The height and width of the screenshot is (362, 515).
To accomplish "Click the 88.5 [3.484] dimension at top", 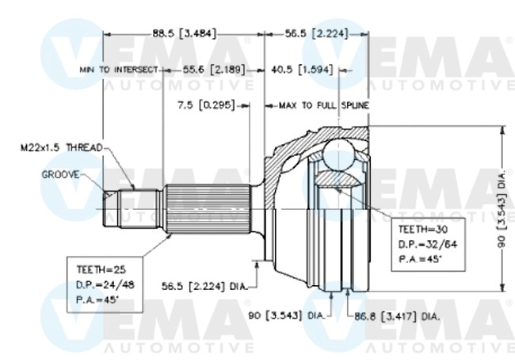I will pyautogui.click(x=184, y=34).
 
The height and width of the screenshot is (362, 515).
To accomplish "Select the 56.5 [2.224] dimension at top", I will pyautogui.click(x=316, y=34).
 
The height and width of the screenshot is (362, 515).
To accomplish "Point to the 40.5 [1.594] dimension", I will pyautogui.click(x=301, y=70).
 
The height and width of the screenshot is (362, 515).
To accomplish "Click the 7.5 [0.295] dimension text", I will pyautogui.click(x=206, y=105).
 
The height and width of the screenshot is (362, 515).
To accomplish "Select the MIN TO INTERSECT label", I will pyautogui.click(x=118, y=70).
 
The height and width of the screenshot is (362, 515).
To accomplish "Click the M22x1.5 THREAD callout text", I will pyautogui.click(x=61, y=147).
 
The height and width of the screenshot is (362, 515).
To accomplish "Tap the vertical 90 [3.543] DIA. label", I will pyautogui.click(x=502, y=210).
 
